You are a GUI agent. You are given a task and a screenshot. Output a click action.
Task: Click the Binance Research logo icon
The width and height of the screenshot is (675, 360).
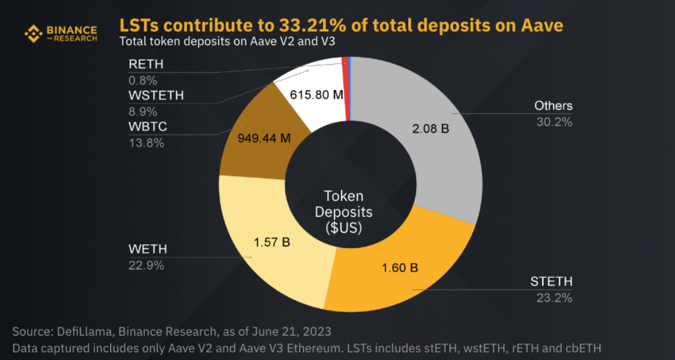click(x=33, y=34)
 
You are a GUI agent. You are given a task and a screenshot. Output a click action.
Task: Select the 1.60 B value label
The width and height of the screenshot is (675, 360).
click(x=400, y=268)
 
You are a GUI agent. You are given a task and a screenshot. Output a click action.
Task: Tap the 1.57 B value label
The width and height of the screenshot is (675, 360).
click(x=271, y=242)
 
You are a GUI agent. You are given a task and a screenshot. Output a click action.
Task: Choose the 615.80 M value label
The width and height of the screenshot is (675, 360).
click(x=317, y=95)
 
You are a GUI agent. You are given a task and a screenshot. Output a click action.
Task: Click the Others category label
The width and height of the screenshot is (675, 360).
click(x=553, y=106)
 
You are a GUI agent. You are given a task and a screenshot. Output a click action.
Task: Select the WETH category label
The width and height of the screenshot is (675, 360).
click(x=147, y=249)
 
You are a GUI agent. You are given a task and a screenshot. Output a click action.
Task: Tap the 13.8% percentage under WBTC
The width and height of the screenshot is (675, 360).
click(x=146, y=143)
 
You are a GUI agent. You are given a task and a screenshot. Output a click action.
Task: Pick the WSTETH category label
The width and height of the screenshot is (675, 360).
click(x=156, y=96)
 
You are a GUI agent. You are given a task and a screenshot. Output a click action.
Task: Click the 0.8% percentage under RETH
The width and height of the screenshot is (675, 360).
click(x=143, y=80)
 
